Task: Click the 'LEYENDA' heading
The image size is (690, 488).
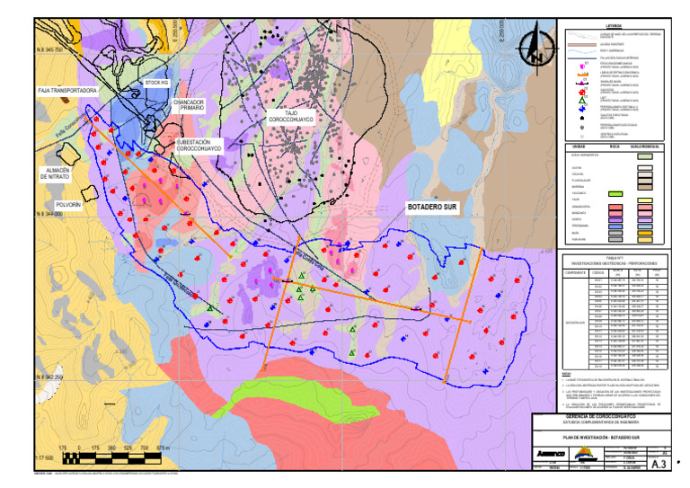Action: click(x=614, y=25)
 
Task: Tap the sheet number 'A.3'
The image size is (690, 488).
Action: click(x=658, y=464)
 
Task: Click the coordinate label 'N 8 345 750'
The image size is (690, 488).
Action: click(x=49, y=50)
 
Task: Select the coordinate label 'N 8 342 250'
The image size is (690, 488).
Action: click(x=49, y=377)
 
